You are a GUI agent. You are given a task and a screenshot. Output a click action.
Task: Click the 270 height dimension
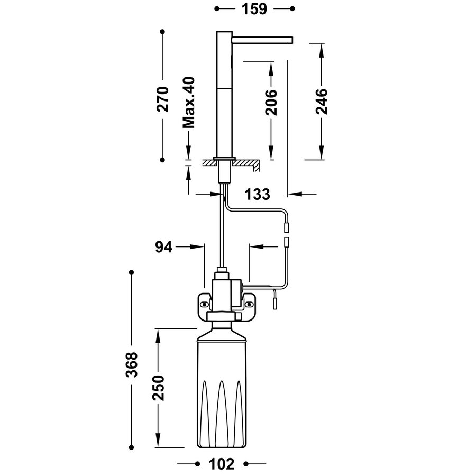pos(162,98)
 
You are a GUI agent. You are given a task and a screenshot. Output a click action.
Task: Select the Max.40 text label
pos(189,102)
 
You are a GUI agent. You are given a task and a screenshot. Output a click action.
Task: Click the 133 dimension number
pos(258,194)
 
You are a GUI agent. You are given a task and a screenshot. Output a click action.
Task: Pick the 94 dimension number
pos(163,246)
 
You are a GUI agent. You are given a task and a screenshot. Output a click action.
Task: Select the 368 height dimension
pos(132,364)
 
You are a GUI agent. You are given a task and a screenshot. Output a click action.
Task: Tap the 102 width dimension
pos(222,464)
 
